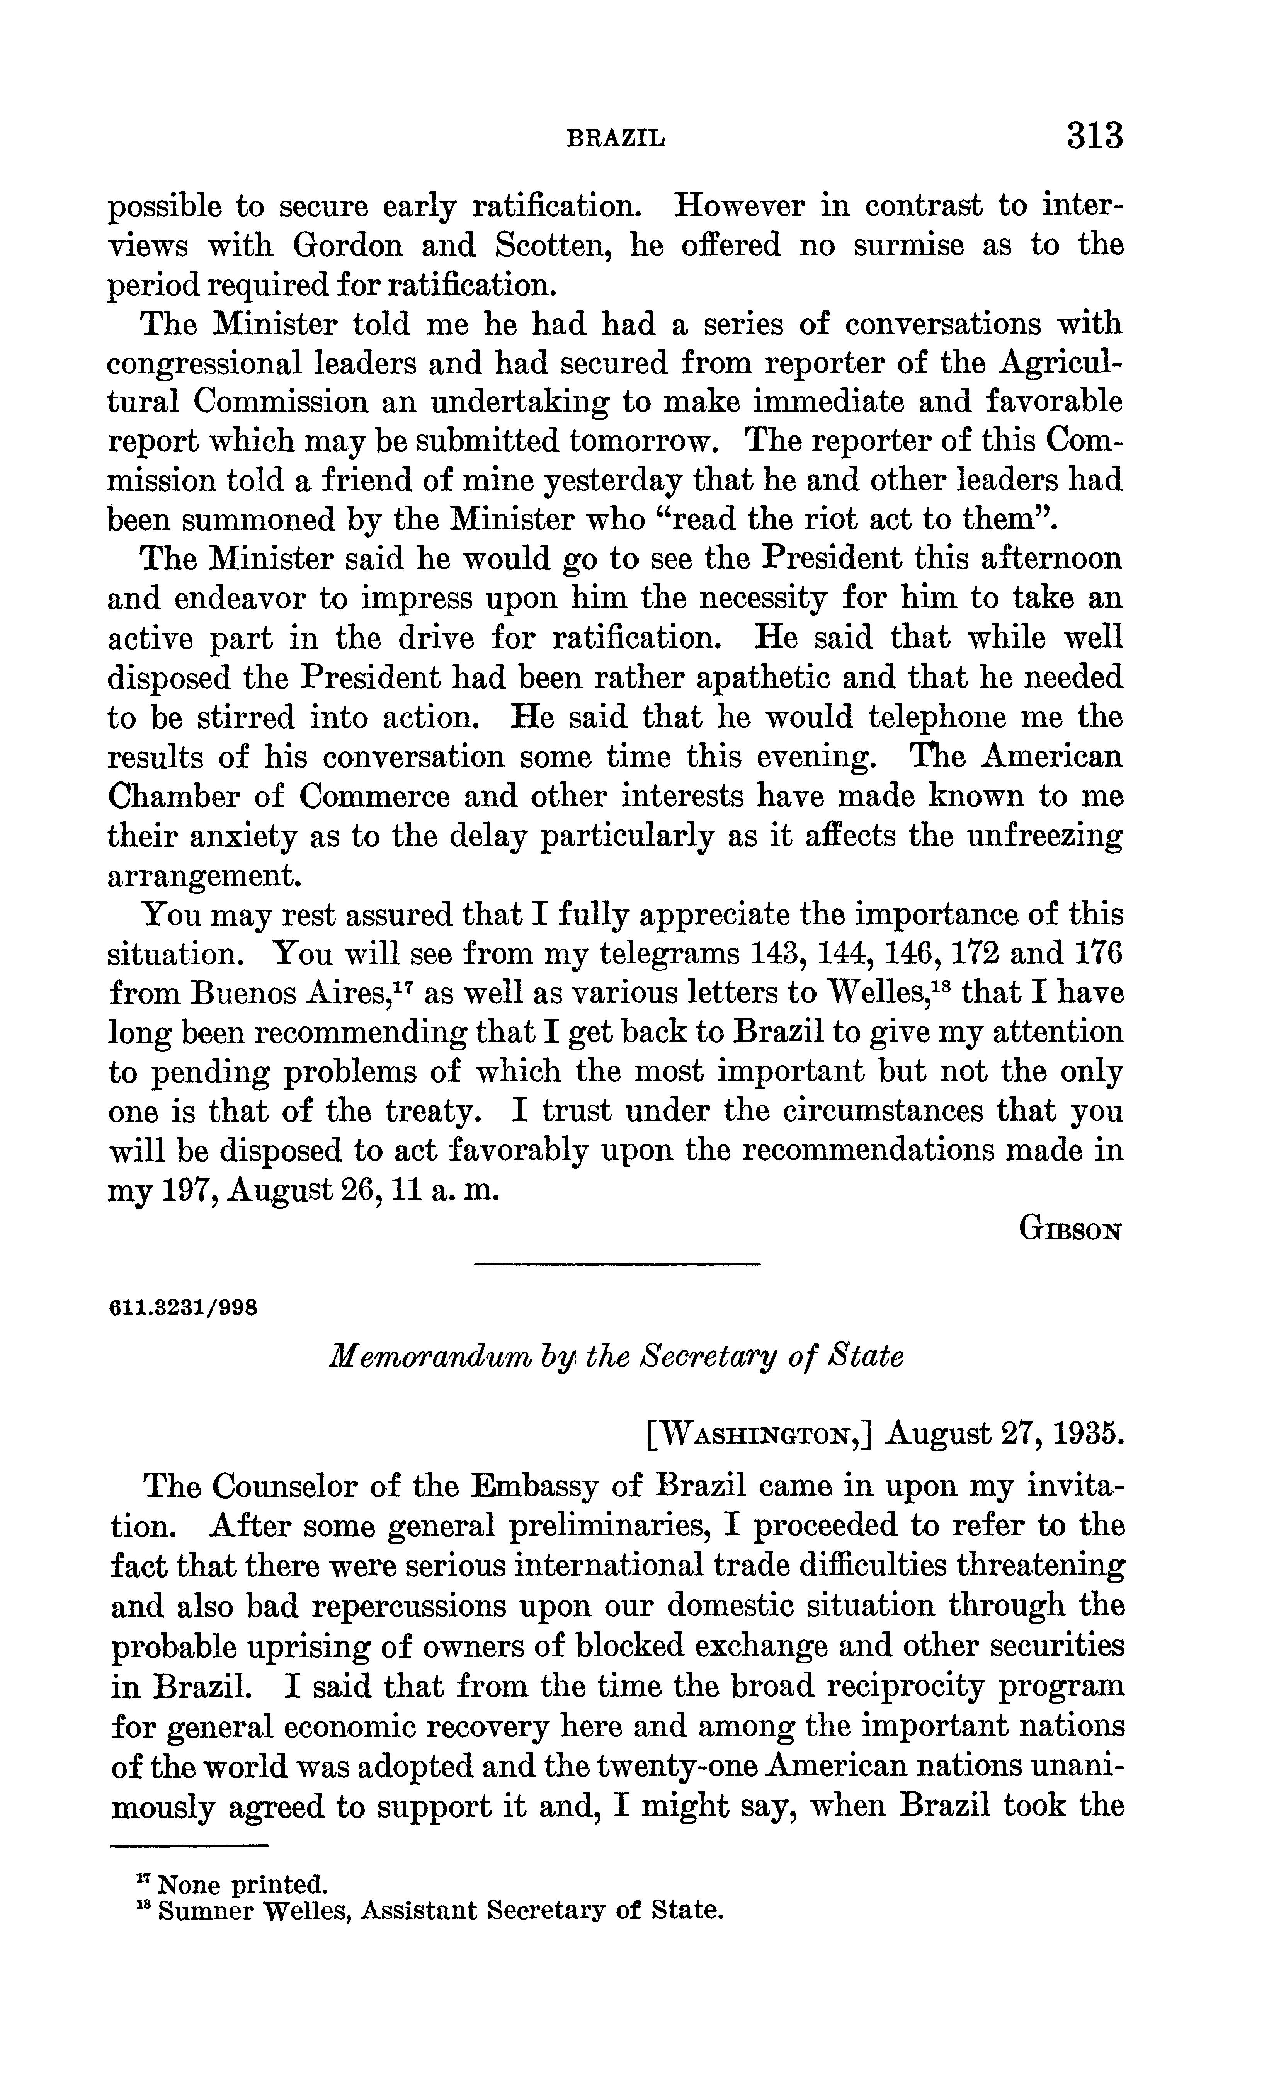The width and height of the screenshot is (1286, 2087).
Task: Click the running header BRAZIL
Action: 616,138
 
